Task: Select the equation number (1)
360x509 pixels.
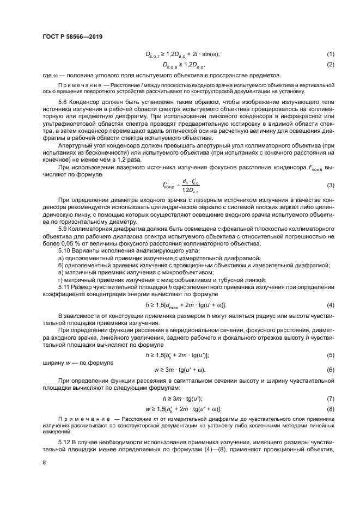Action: click(330, 54)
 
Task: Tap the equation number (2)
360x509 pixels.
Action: click(330, 65)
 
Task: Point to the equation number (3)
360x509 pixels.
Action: click(330, 186)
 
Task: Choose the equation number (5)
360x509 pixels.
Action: click(330, 354)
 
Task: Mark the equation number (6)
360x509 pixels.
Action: click(330, 370)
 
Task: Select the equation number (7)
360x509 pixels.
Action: click(330, 398)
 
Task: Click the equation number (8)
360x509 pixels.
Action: click(330, 409)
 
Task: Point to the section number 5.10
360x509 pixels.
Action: click(65, 250)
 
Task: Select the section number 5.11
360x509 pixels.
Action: click(65, 286)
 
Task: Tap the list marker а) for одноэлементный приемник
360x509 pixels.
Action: click(61, 257)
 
